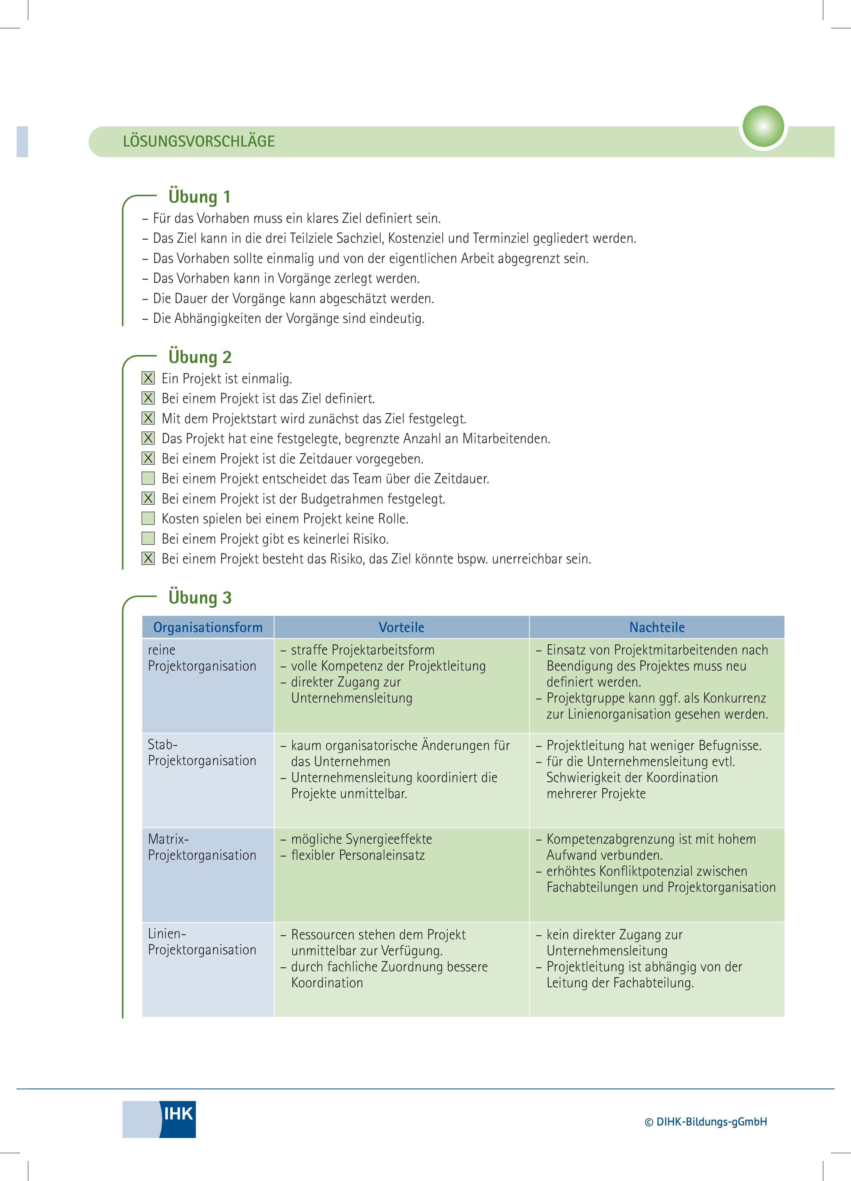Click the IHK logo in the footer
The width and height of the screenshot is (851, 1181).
coord(159,1119)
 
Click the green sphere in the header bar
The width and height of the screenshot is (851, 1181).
coord(763,127)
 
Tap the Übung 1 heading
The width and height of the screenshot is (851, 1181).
coord(199,197)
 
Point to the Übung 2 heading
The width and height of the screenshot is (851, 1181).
coord(200,357)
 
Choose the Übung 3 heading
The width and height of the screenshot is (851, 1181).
coord(200,597)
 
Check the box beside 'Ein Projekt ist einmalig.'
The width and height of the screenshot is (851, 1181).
coord(148,378)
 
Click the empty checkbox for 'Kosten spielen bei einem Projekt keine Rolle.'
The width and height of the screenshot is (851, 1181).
coord(148,518)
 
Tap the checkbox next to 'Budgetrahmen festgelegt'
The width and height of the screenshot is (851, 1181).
coord(148,498)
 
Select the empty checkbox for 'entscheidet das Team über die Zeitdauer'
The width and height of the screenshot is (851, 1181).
coord(148,478)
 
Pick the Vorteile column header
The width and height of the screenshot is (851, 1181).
coord(401,628)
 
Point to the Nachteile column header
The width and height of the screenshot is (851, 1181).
coord(657,628)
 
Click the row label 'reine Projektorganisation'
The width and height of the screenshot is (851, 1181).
coord(202,658)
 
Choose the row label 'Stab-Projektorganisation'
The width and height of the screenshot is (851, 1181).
coord(202,753)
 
